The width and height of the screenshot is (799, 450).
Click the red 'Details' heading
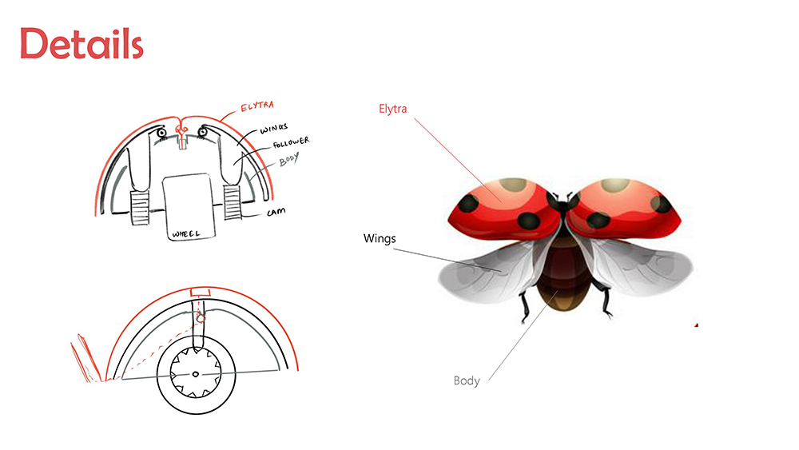[81, 43]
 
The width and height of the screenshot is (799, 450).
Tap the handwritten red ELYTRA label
[257, 106]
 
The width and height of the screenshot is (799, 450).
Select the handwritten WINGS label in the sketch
[273, 128]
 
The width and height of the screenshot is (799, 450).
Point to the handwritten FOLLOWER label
[291, 142]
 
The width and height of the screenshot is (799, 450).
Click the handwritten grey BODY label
[288, 160]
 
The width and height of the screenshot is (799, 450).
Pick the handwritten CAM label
[276, 212]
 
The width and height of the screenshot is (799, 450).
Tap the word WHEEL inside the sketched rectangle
[186, 234]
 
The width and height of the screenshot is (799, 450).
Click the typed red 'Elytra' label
[393, 109]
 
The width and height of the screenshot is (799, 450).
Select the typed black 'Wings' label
[380, 238]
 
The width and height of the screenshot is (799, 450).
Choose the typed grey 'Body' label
[467, 380]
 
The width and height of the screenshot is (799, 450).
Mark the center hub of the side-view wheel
[196, 374]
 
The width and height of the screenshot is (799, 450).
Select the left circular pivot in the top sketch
[161, 133]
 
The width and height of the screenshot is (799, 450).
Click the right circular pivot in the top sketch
[202, 132]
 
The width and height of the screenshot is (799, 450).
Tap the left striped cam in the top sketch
[140, 208]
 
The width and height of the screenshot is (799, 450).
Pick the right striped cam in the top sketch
[233, 202]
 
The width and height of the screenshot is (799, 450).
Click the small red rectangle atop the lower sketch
[200, 293]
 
